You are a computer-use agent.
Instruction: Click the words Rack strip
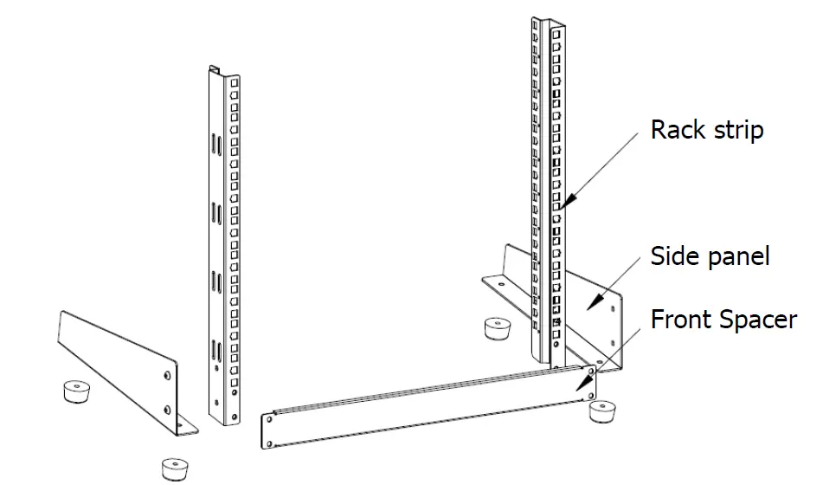(707, 130)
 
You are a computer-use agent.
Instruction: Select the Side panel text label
(710, 256)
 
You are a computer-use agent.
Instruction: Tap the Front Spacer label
(723, 319)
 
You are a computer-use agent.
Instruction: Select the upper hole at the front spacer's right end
(590, 370)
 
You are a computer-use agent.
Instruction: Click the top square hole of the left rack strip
(232, 82)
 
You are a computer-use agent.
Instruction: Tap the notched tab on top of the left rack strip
(215, 70)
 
